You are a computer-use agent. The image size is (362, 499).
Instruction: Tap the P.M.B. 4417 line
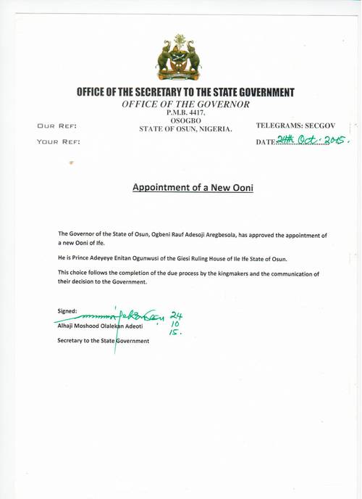185,113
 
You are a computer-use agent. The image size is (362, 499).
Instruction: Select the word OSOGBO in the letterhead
185,121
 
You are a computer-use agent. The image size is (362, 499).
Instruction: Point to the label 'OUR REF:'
56,126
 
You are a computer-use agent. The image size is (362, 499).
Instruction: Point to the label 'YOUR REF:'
59,141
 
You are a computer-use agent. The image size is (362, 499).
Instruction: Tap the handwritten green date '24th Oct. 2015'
313,141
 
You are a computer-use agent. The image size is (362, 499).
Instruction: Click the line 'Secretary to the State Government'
103,341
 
